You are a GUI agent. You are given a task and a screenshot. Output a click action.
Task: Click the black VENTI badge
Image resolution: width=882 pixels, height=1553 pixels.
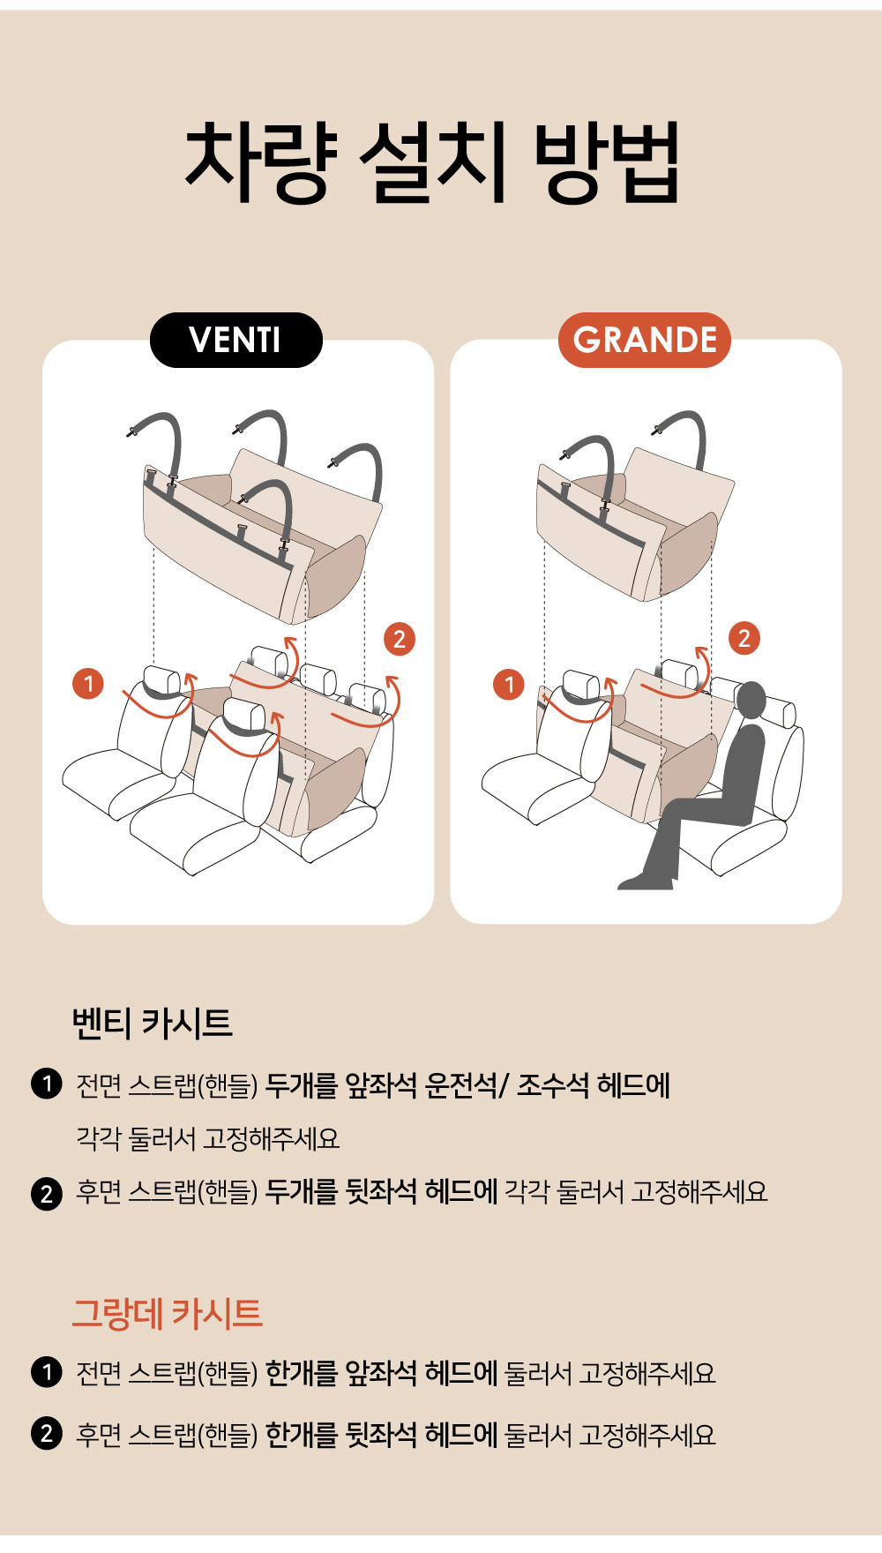tap(236, 340)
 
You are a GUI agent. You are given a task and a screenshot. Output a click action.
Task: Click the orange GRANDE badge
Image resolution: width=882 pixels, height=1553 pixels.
tap(645, 340)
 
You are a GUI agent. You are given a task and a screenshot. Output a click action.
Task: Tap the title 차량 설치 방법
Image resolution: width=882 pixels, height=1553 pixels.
tap(432, 163)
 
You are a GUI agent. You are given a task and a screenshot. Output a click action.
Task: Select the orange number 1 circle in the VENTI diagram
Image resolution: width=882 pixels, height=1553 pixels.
tap(88, 684)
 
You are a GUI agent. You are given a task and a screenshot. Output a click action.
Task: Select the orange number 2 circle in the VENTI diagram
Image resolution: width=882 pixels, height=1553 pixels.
tap(399, 639)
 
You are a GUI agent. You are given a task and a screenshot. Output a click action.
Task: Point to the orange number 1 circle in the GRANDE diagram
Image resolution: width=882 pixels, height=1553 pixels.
tap(509, 684)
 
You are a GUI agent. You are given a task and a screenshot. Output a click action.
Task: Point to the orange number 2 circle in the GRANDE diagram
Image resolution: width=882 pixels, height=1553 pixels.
tap(744, 638)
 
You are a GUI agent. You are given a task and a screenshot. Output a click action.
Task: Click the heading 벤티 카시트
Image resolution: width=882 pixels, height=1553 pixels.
tap(152, 1023)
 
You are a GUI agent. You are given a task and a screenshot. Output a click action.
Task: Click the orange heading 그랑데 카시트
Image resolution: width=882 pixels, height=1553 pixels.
tap(167, 1313)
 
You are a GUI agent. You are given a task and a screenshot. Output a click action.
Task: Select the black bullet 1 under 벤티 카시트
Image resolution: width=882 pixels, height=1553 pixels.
tap(46, 1084)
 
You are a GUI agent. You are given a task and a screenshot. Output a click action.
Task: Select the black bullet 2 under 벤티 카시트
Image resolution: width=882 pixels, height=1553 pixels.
tap(46, 1193)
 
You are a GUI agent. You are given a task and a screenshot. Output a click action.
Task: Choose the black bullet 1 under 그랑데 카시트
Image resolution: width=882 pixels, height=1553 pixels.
tap(46, 1372)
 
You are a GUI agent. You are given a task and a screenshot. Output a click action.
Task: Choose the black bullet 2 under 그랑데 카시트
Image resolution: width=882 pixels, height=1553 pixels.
tap(46, 1434)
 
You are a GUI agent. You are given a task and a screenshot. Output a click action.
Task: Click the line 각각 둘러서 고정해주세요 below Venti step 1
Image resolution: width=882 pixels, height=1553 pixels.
tap(208, 1138)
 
